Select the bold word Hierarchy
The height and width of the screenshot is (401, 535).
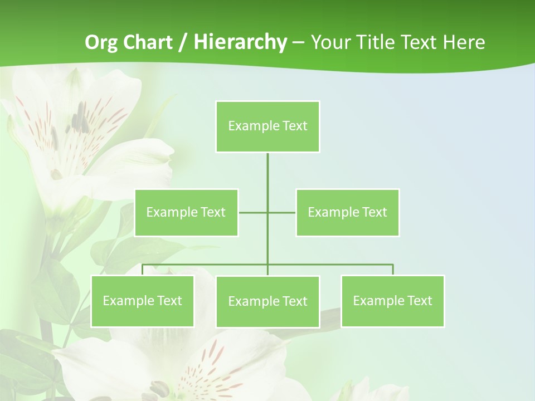[240, 42]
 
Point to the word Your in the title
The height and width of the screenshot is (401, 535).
[330, 42]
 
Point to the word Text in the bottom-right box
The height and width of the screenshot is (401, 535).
[419, 301]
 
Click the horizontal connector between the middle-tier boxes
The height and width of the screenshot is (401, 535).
[254, 212]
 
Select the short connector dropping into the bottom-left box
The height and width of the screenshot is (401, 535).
[142, 270]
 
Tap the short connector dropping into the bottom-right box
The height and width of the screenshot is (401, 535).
[393, 270]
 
